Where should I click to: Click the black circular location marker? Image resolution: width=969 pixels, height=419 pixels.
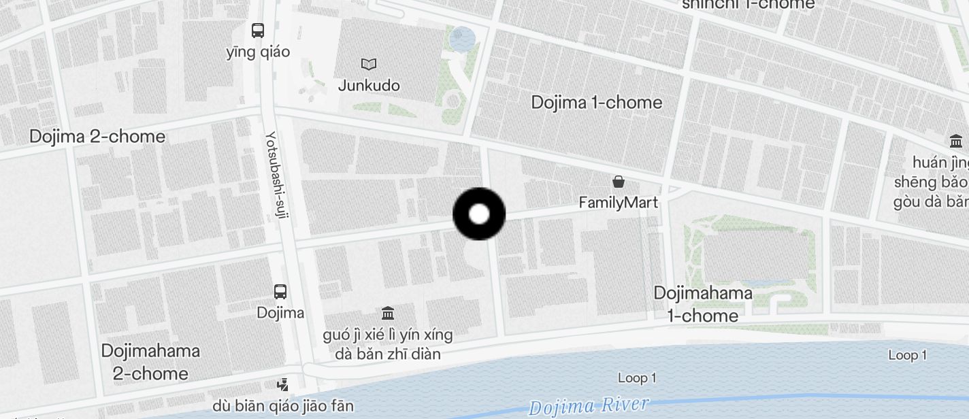[479, 214]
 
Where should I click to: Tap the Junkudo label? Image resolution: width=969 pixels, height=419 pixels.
[369, 86]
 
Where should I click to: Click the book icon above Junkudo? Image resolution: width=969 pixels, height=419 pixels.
[369, 64]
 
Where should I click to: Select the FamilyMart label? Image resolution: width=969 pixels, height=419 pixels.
[619, 202]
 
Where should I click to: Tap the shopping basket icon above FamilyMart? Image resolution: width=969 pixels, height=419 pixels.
[619, 182]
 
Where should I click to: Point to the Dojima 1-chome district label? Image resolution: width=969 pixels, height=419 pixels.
[596, 103]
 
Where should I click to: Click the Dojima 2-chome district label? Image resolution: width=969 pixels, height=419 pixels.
[97, 137]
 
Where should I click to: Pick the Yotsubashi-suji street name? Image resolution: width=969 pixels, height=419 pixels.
[278, 177]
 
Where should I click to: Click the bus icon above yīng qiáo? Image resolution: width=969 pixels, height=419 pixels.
[258, 30]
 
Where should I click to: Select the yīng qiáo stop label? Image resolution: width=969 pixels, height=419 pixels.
[258, 52]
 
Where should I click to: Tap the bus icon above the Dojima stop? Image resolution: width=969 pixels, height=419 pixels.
[280, 292]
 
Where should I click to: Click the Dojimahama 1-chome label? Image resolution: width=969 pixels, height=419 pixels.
[703, 304]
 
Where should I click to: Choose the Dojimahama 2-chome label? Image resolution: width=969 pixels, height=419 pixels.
[150, 362]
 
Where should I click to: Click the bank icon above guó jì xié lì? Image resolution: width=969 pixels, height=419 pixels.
[388, 314]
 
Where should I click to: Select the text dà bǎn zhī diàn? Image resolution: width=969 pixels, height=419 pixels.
[388, 354]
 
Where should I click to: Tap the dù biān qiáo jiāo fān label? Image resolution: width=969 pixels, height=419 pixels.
[283, 406]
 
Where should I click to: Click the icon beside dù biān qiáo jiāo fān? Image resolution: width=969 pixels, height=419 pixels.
[282, 385]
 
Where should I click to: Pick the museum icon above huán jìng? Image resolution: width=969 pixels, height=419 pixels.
[956, 141]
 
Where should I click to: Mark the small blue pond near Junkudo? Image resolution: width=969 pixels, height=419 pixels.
[463, 39]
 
